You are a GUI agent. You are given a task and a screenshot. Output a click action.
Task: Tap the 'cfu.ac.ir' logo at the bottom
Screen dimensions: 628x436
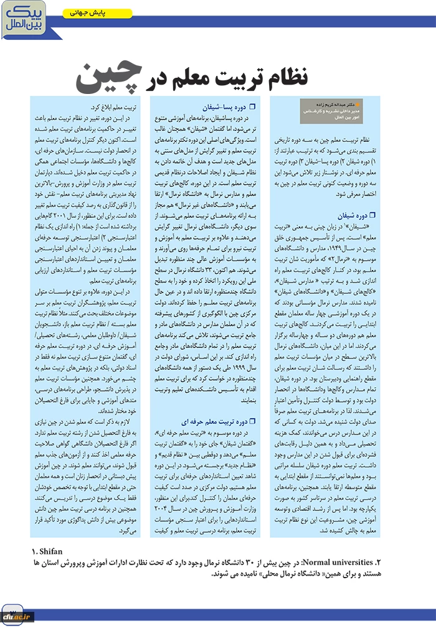click(18, 616)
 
